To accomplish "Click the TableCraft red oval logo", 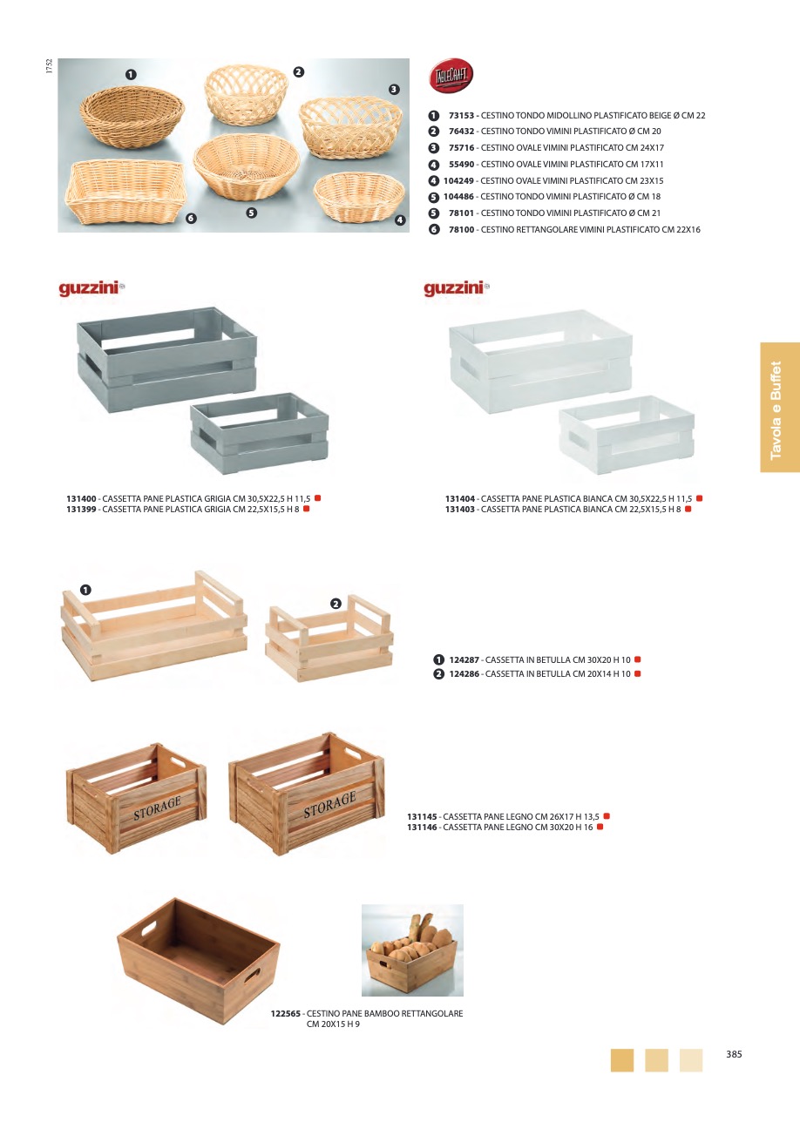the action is coord(451,75).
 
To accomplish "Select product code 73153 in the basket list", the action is coord(461,116).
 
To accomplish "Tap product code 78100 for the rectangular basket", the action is coord(461,230).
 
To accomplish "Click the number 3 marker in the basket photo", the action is coord(394,89).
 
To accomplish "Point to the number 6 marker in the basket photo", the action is coord(191,219).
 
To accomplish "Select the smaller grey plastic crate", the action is coord(260,433).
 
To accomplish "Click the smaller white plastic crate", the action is coord(627,435).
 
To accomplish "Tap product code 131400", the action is coord(81,499).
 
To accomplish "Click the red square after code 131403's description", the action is coord(688,509).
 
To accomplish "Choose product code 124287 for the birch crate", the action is coord(464,660).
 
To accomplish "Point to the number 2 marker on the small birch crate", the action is coord(336,604).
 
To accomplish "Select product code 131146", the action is coord(422,828).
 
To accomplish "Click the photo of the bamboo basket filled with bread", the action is coord(412,950).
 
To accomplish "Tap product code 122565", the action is coord(286,1014).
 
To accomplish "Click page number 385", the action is coord(734,1054).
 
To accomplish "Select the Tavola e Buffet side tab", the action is coord(780,407).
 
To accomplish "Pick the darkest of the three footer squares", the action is coord(622,1060).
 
